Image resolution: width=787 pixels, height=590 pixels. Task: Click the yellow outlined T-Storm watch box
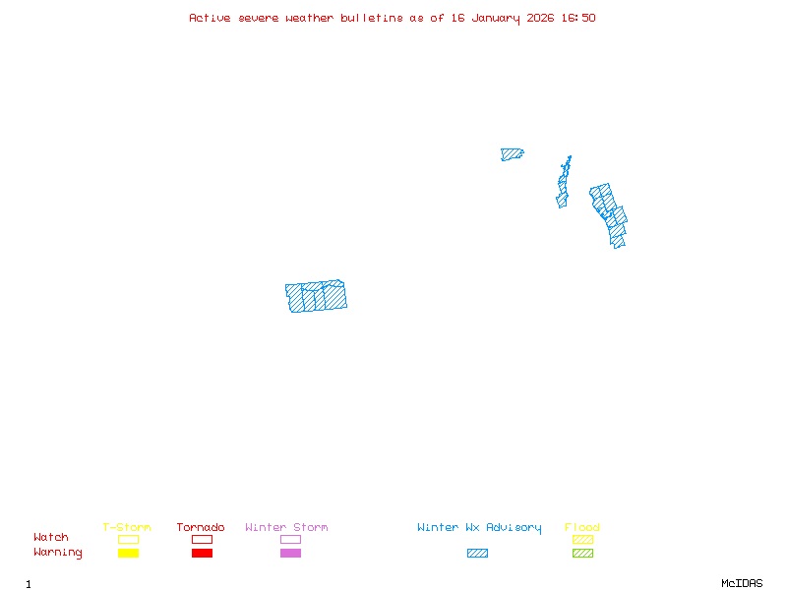pos(128,539)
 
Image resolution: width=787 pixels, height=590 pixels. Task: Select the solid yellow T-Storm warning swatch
pos(128,553)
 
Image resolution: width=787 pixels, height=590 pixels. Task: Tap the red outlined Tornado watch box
pos(202,539)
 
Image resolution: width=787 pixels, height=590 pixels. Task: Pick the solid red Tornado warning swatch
pos(202,553)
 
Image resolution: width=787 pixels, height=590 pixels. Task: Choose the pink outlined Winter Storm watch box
pos(290,539)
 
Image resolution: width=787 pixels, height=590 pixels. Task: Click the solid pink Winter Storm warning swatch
pos(290,553)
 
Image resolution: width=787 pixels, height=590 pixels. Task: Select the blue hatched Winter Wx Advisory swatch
pos(477,553)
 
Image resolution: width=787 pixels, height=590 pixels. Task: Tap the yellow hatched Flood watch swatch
pos(582,539)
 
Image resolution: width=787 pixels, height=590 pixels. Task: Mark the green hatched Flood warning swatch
pos(582,553)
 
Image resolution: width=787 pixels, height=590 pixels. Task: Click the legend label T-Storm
pos(127,527)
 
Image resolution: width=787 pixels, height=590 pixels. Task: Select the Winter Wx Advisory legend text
pos(479,527)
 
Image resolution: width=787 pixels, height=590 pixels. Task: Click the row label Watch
pos(51,538)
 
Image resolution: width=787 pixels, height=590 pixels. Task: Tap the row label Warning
pos(57,553)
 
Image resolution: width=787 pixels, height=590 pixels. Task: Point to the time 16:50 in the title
pos(577,18)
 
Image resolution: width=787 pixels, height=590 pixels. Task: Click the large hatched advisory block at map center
pos(317,296)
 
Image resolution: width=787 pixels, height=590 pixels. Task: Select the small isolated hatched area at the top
pos(512,154)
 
